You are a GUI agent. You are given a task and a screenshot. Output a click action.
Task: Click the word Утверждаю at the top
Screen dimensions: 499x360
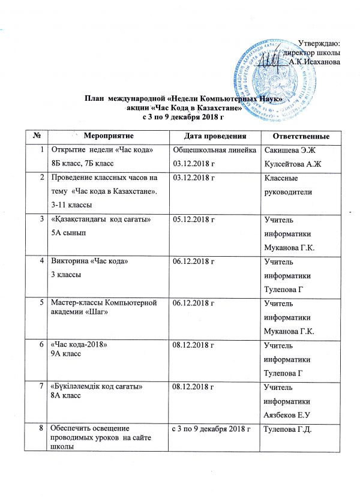tap(319, 43)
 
